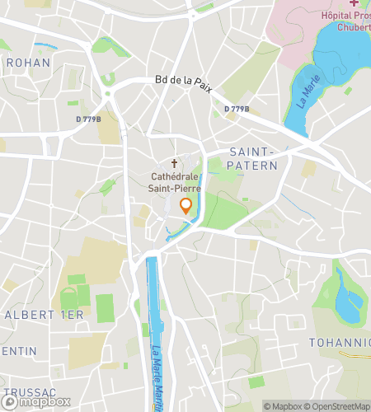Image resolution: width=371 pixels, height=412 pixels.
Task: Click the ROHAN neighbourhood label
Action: pos(28,63)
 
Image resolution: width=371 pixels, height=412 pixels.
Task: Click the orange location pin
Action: pos(186,206)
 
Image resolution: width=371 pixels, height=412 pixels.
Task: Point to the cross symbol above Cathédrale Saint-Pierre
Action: pos(174,164)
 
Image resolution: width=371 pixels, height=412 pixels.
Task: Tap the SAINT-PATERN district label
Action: pos(252,159)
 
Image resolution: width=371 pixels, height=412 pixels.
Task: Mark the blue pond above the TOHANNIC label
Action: pos(346,301)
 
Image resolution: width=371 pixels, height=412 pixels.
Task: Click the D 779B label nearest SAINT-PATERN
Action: pos(237,109)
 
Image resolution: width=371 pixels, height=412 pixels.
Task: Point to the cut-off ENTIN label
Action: pos(18,351)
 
